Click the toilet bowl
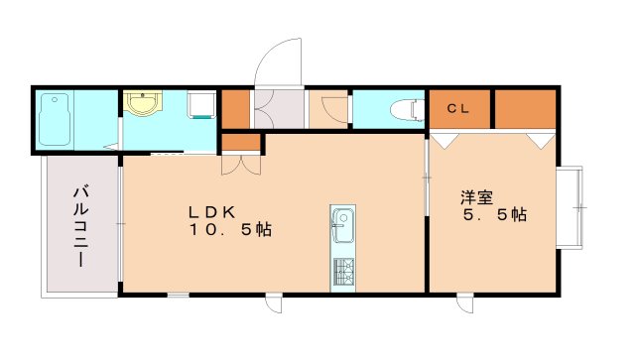click(402, 109)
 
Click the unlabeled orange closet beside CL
click(524, 109)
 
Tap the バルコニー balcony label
click(79, 226)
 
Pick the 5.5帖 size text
click(493, 214)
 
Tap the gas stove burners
click(342, 272)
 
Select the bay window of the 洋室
click(570, 207)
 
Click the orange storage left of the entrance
click(235, 109)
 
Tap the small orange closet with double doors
click(241, 142)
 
